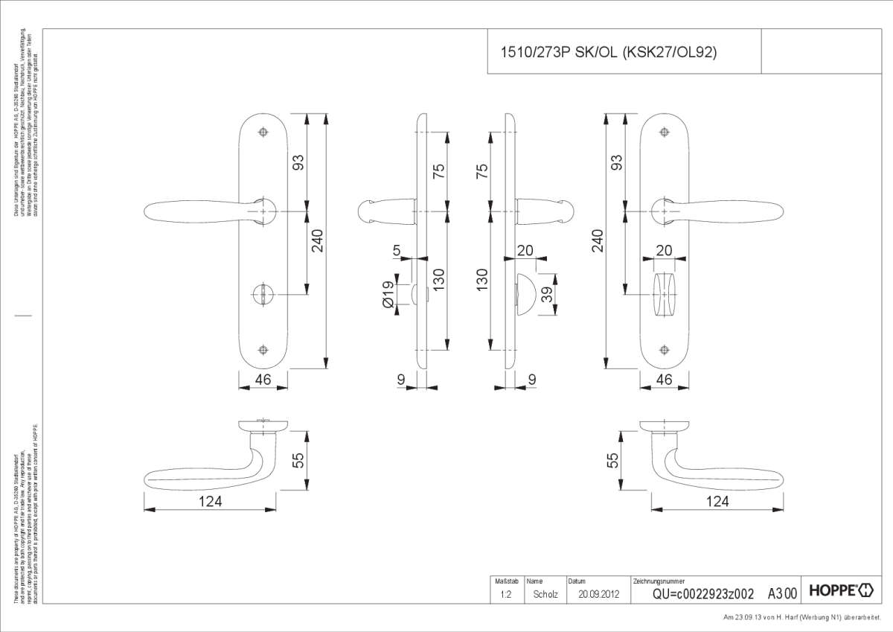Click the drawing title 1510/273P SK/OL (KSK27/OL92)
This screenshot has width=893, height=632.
pos(607,52)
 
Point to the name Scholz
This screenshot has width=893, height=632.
pos(545,594)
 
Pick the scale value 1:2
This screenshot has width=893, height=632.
pos(505,594)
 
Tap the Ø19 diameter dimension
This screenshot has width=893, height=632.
pos(388,295)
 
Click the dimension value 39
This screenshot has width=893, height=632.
pos(547,295)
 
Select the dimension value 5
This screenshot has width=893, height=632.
pos(397,252)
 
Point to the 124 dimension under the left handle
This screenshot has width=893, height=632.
pos(210,501)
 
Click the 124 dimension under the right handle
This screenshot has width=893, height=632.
pos(717,501)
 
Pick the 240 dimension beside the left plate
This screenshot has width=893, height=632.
pos(318,240)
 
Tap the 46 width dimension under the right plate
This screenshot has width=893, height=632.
pos(664,380)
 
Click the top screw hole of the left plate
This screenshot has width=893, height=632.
pos(263,133)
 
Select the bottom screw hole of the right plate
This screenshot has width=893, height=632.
pos(665,350)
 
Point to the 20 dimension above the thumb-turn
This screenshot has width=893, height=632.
pos(664,251)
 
